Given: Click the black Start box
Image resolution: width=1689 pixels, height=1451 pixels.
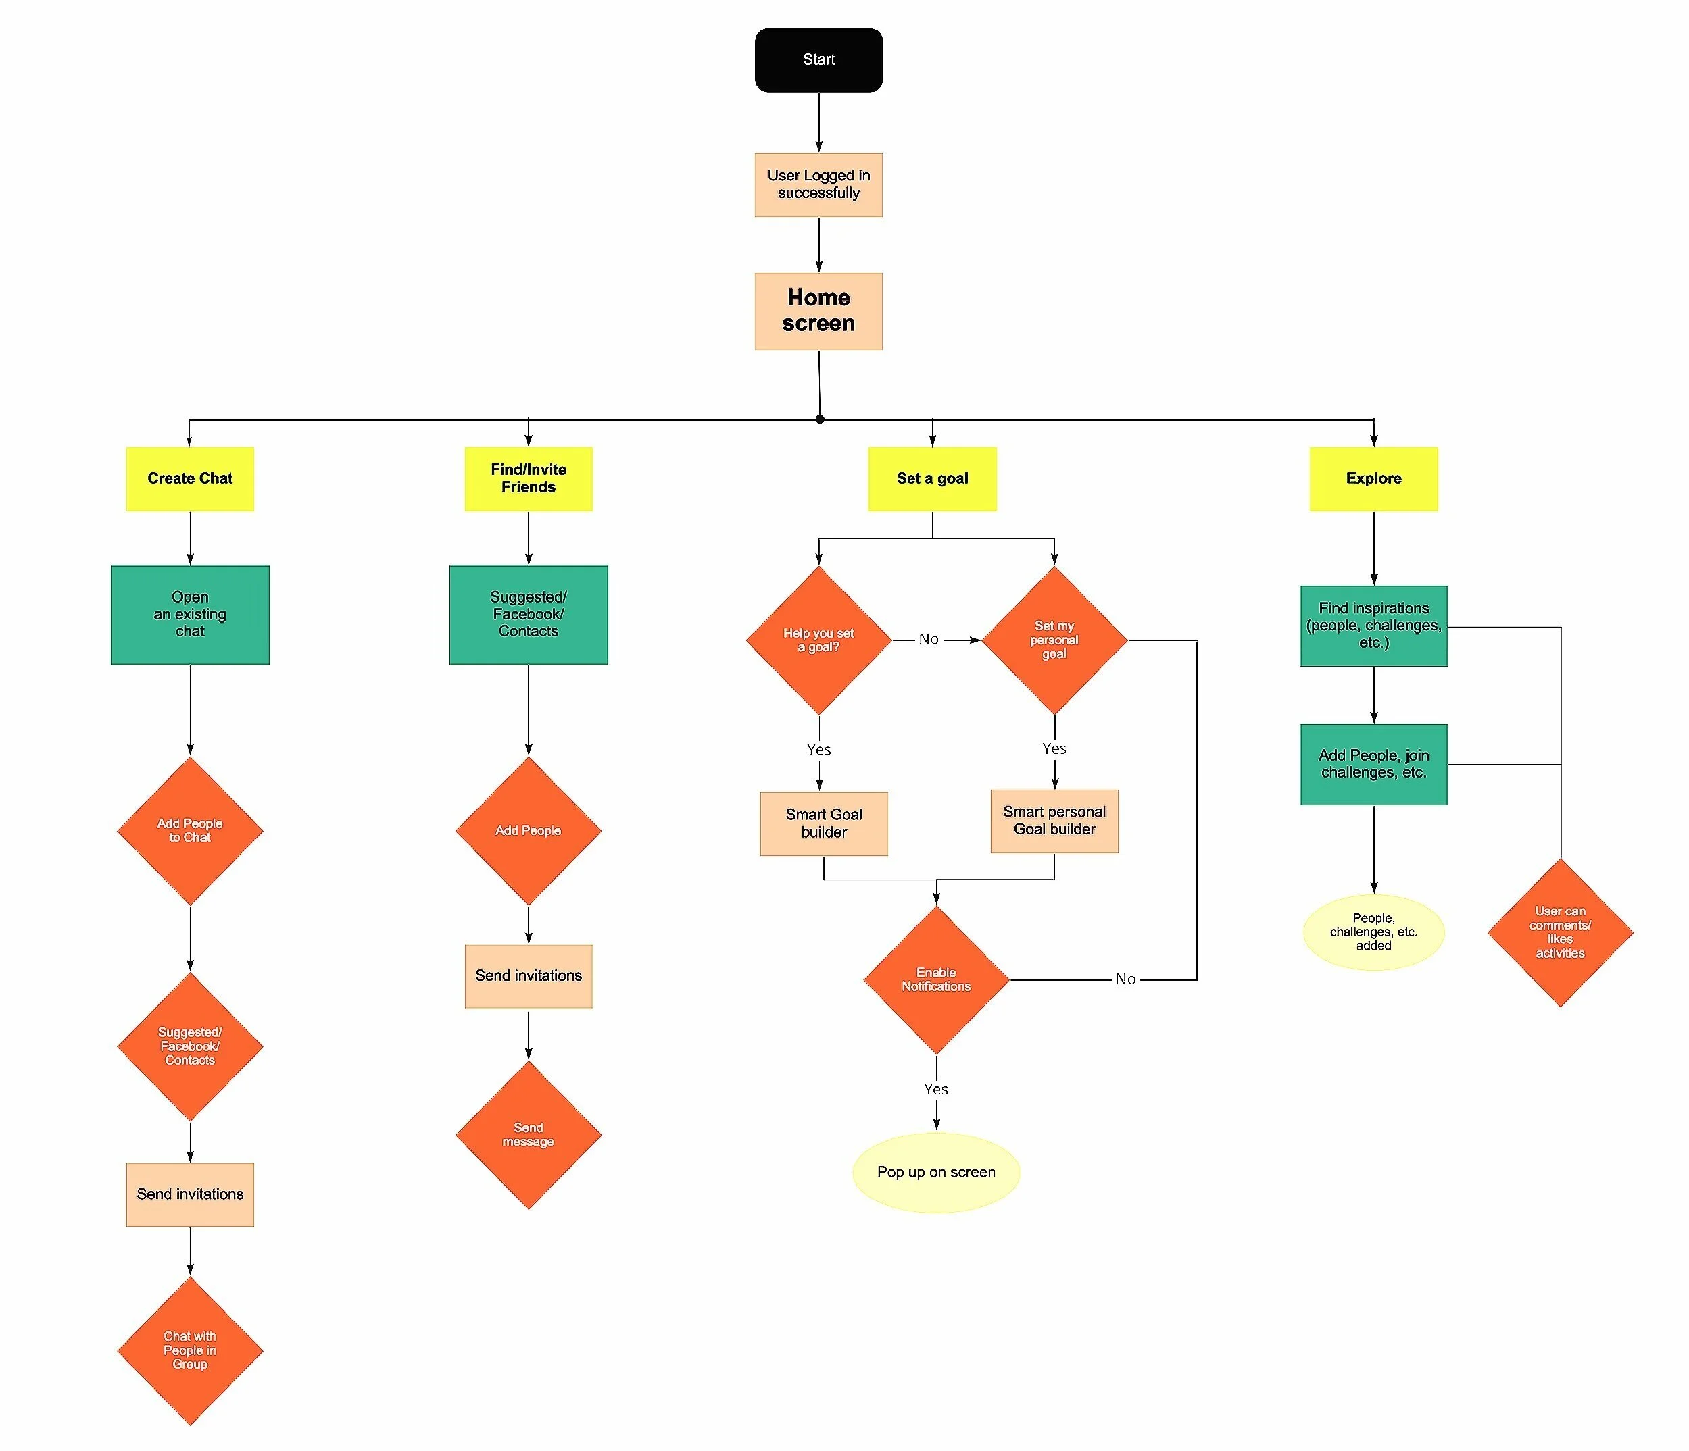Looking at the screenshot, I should (818, 60).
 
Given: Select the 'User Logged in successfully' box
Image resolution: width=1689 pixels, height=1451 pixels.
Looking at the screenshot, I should (818, 185).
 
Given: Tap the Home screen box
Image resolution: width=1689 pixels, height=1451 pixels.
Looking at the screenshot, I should (818, 311).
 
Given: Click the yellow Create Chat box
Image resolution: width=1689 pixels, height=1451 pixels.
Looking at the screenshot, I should (190, 479).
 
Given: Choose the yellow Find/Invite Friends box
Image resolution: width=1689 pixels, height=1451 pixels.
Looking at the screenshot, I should (529, 479).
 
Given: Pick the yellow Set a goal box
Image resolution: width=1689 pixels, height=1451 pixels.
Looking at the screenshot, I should (932, 479).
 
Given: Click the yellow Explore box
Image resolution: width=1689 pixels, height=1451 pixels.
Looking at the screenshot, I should (1373, 479).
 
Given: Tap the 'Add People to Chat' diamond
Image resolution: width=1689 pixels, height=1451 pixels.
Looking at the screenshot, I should (190, 831).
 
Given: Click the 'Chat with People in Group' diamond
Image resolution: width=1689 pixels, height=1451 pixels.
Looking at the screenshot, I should (190, 1350).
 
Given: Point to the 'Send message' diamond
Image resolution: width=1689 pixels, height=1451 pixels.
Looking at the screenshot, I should (529, 1134).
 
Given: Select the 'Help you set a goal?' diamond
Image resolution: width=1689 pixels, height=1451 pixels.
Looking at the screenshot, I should (818, 640).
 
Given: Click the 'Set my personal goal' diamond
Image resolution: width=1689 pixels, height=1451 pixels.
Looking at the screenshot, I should (1054, 640).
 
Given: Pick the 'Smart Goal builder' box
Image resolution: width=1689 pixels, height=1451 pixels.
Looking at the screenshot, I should (823, 823).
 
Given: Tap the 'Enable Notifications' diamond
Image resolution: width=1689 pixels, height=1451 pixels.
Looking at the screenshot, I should (936, 979).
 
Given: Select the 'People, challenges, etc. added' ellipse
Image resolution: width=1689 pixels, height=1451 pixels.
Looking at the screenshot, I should (1373, 932).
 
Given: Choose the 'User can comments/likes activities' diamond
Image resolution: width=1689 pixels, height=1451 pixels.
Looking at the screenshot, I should (1560, 932).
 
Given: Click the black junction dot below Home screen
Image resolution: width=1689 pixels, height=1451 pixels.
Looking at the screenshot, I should (820, 419).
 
